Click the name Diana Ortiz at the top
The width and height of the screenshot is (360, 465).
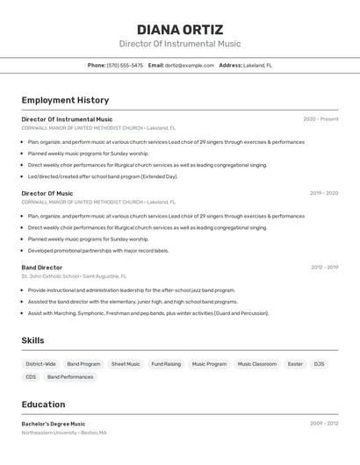tap(180, 30)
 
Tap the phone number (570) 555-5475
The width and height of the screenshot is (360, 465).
tap(125, 65)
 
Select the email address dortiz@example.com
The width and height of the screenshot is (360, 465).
tap(190, 65)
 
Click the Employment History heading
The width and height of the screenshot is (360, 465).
tap(65, 100)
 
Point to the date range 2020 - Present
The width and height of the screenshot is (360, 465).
tap(320, 119)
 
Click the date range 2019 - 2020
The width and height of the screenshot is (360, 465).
tap(324, 193)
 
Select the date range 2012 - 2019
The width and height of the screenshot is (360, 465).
tap(324, 267)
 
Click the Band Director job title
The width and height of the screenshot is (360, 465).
tap(42, 267)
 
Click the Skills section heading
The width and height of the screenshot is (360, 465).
tap(32, 340)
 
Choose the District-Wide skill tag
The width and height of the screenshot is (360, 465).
tap(40, 364)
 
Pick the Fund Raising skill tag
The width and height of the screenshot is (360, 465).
tap(166, 364)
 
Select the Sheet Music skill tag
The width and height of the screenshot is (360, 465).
tap(126, 364)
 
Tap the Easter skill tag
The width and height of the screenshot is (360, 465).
tap(295, 364)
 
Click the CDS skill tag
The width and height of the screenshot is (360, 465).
tap(31, 377)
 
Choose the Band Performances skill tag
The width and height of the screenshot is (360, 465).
tap(70, 377)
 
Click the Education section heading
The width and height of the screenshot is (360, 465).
tap(43, 404)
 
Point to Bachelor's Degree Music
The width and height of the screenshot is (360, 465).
tap(54, 424)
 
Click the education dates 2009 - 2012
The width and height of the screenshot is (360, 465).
tap(324, 424)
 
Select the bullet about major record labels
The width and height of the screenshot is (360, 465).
tap(98, 250)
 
